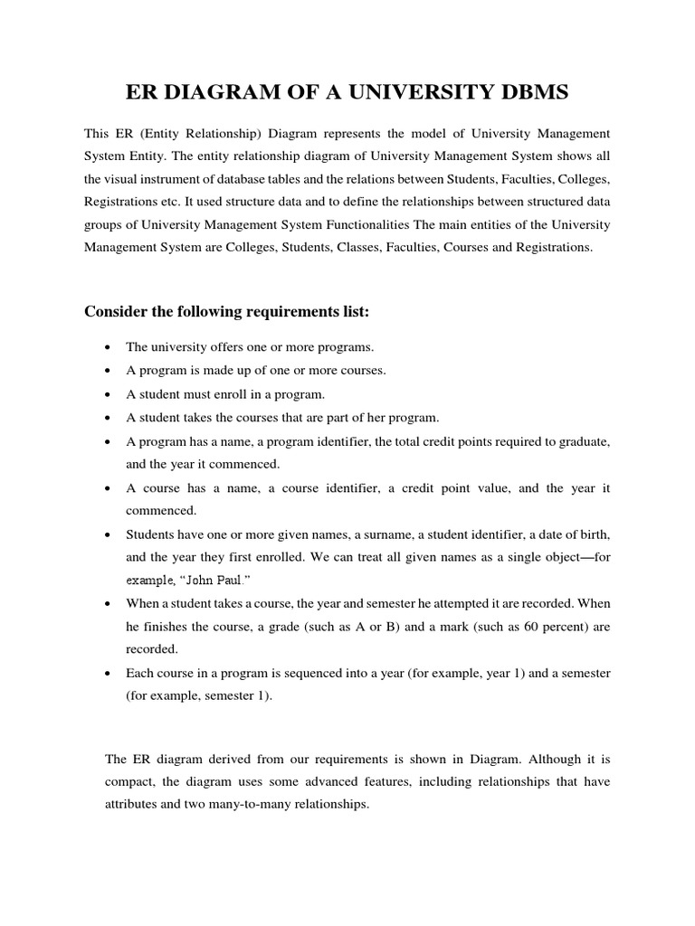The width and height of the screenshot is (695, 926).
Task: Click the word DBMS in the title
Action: click(528, 92)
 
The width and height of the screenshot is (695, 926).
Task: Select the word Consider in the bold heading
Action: click(115, 312)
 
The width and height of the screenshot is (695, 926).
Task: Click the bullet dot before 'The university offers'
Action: click(109, 347)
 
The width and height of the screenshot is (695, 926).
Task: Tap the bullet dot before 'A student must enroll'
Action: click(109, 394)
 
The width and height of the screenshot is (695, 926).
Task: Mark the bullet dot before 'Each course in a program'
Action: click(109, 674)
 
